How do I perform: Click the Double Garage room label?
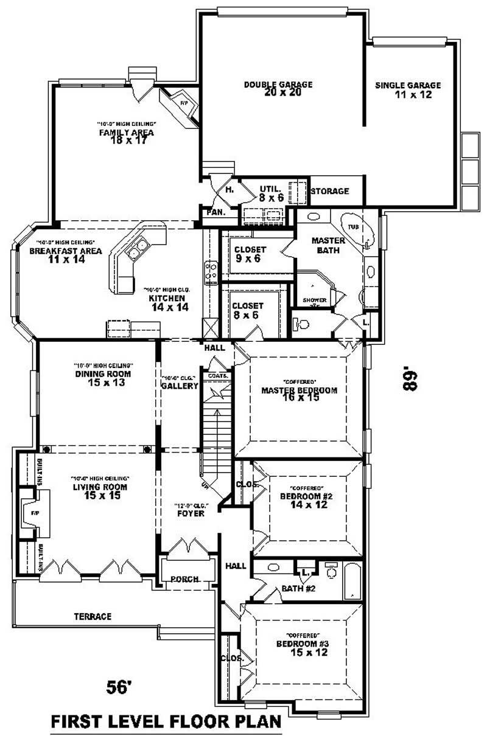click(x=278, y=89)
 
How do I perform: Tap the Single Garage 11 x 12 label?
click(x=408, y=90)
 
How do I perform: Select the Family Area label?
click(x=126, y=135)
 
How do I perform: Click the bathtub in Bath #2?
click(x=352, y=582)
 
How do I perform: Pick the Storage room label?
click(x=330, y=192)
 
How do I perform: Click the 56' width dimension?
click(x=119, y=687)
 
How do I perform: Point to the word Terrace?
click(x=93, y=617)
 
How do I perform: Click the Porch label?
click(x=184, y=579)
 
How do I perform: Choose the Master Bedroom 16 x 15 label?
click(x=299, y=394)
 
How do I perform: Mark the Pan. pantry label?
click(x=215, y=213)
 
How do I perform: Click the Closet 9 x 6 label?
click(x=250, y=254)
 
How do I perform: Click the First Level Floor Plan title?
click(x=166, y=722)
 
